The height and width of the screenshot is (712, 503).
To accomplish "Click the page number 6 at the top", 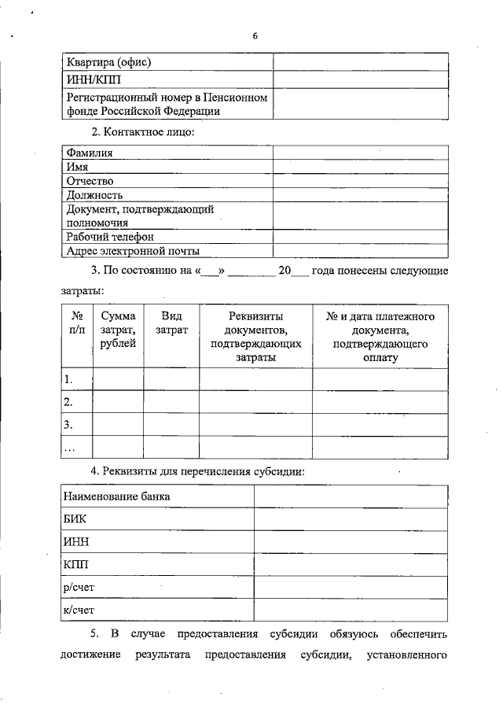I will [x=255, y=36].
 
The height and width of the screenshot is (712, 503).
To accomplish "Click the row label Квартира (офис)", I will [x=109, y=61].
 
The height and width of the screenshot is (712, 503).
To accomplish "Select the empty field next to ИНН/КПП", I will [x=361, y=80].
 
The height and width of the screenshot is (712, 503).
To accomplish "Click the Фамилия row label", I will [x=90, y=153].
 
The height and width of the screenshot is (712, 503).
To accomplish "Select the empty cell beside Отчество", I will [x=361, y=181].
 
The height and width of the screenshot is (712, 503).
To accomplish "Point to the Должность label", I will [x=95, y=194].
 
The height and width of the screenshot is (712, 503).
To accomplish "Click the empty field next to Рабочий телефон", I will [x=361, y=236].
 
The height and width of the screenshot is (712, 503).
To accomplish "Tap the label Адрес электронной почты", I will [x=133, y=251].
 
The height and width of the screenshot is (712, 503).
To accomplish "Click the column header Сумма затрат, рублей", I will [x=118, y=330].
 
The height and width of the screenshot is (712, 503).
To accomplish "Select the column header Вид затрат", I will [x=171, y=323].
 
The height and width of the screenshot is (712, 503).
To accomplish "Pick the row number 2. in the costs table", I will [x=68, y=402].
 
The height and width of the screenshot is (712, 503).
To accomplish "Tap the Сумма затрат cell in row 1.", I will [x=118, y=379].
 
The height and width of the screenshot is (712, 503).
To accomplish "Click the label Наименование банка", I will [x=118, y=496].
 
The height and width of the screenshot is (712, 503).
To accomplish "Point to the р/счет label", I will [x=79, y=586].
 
